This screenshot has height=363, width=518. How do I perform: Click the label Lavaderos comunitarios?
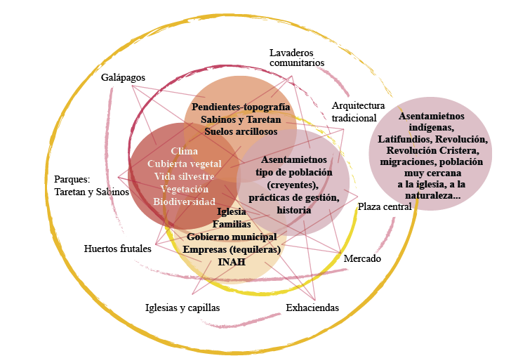(297, 58)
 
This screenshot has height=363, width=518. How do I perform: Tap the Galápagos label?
(122, 77)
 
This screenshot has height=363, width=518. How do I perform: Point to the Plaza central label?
(384, 206)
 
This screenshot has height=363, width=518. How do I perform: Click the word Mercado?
(362, 259)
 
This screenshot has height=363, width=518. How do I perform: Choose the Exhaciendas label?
(312, 308)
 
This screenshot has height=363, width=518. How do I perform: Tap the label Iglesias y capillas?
(182, 308)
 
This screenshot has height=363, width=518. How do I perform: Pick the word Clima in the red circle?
(184, 151)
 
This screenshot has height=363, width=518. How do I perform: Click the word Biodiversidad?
(184, 202)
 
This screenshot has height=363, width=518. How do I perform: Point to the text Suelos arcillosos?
(241, 131)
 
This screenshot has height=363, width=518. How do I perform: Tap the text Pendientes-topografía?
(241, 107)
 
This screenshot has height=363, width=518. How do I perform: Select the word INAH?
(232, 262)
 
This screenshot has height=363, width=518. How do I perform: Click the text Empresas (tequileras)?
(232, 249)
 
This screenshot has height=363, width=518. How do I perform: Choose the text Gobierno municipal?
(232, 237)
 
